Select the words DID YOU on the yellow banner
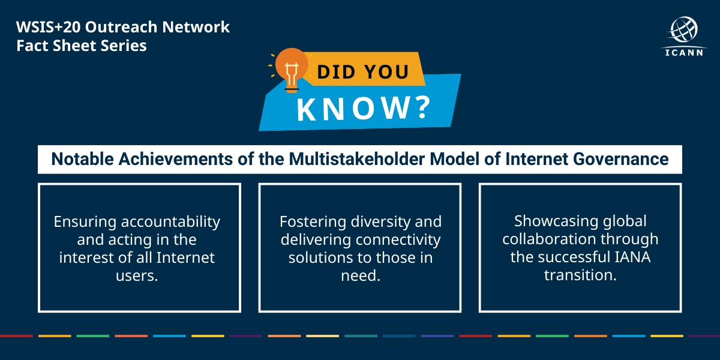click(x=363, y=72)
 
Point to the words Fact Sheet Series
click(x=82, y=46)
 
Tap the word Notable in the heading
click(x=79, y=160)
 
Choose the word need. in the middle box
click(x=360, y=276)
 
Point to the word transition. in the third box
click(x=580, y=275)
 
